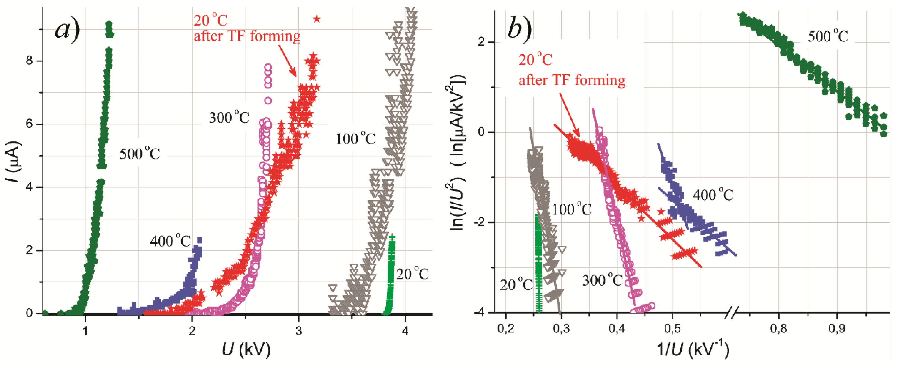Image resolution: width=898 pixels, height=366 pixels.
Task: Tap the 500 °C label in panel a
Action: [139, 154]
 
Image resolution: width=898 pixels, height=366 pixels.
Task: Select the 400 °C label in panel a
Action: [170, 241]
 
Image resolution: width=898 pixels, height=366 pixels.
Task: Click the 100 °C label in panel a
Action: [355, 139]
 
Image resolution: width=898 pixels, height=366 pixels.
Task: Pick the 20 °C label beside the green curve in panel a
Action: [412, 274]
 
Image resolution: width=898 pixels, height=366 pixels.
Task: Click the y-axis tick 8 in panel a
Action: [29, 61]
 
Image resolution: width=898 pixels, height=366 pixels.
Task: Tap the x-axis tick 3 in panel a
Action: [298, 330]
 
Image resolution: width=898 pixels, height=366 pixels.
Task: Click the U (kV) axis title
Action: [246, 349]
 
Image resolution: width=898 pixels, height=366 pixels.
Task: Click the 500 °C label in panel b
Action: [828, 36]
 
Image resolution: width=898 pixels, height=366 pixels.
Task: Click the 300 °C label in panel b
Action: [602, 280]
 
